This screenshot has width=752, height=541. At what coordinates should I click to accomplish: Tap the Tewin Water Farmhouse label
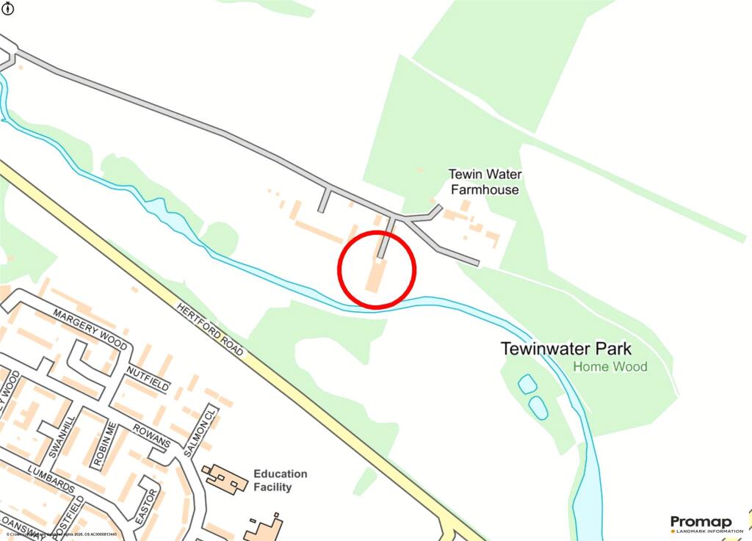[485, 182]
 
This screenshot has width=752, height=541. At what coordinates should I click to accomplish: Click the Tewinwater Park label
[565, 349]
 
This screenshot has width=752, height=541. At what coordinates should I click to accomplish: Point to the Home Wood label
[610, 366]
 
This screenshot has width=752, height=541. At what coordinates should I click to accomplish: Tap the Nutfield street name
[148, 377]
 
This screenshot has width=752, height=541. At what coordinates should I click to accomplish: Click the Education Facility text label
[280, 480]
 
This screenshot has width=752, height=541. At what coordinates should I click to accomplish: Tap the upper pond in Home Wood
[527, 384]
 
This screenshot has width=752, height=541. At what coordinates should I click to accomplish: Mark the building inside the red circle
[376, 275]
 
